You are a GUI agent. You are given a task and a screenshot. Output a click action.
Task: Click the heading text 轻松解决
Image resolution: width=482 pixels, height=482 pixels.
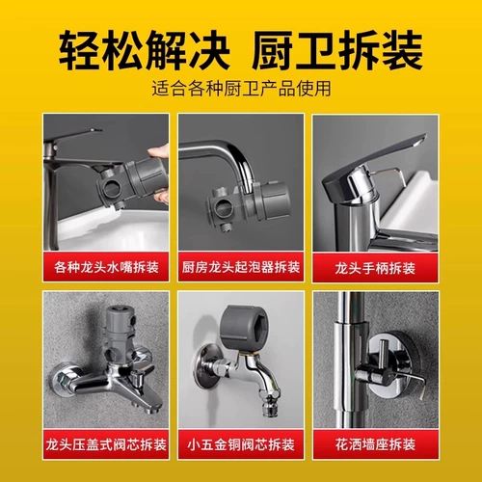pos(144,50)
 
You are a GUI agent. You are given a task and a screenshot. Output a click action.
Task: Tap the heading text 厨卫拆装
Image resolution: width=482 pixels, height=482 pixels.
pos(336,50)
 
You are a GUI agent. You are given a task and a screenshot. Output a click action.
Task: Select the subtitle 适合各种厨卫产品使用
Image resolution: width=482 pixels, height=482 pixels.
pos(241,89)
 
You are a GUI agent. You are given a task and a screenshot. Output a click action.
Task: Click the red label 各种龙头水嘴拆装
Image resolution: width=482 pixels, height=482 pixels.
pos(106,267)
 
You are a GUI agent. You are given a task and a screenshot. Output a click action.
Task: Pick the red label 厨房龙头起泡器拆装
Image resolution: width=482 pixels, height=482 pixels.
pos(241,267)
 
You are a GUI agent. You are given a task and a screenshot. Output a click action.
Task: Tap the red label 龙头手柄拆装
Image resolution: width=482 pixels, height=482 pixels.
pos(375,268)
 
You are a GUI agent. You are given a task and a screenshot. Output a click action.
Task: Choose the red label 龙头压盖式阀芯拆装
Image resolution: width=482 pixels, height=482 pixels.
pos(106,444)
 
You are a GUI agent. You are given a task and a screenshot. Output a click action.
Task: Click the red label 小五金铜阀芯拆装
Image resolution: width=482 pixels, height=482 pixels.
pos(241,444)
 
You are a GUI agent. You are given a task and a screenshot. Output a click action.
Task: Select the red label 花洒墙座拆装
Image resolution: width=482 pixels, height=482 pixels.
pos(375,444)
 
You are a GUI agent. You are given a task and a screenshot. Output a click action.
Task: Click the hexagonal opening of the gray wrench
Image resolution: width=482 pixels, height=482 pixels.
pos(258,328)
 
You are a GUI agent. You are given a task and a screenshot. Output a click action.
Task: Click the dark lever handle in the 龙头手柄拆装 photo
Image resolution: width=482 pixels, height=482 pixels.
pos(373,167)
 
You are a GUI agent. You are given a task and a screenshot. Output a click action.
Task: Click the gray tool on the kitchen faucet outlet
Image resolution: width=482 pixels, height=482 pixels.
pos(249,202)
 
